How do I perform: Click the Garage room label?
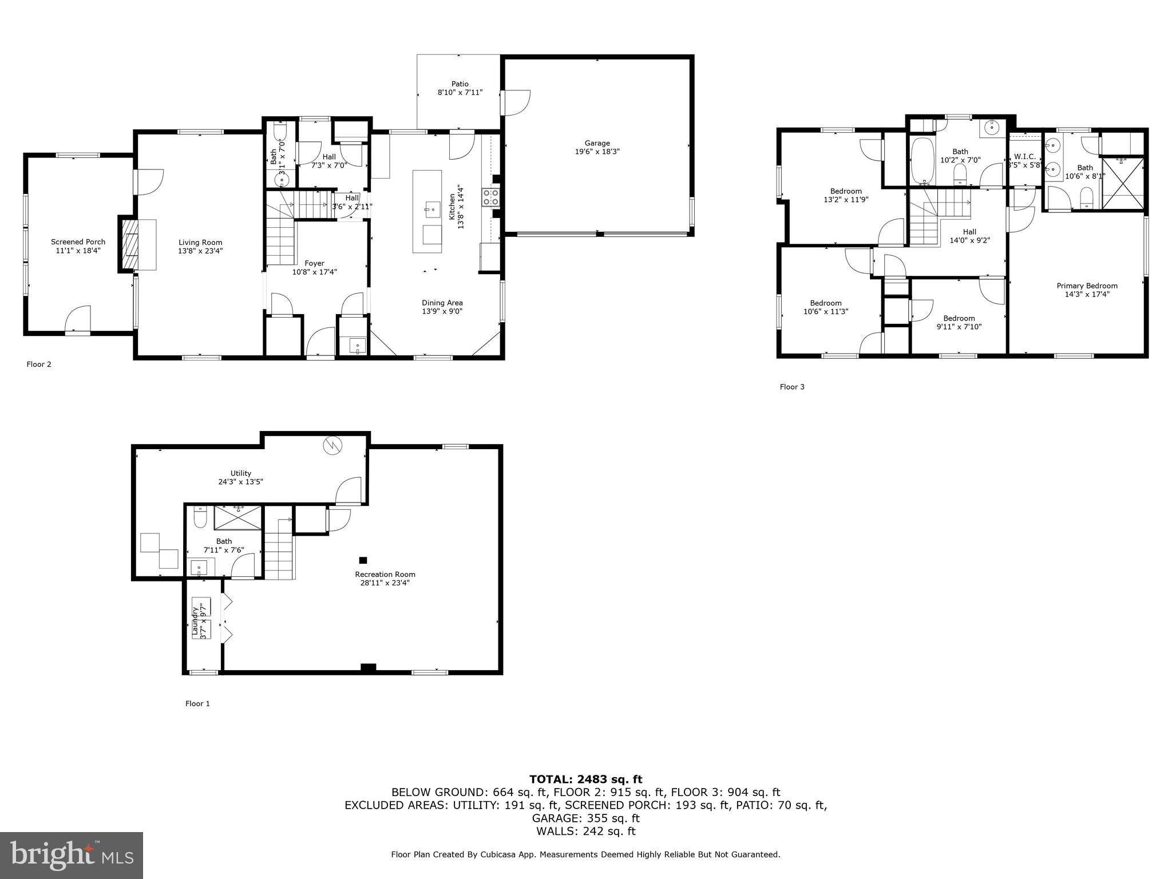pos(597,143)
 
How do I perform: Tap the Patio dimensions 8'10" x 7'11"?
pos(460,92)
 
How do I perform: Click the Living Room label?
pos(200,243)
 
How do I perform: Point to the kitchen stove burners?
pos(491,197)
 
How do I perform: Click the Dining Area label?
pos(442,303)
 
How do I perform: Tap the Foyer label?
pos(315,264)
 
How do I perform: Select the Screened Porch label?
pos(78,242)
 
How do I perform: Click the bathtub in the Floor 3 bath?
pos(921,161)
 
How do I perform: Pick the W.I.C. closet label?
pos(1024,157)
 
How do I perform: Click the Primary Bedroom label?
pos(1086,286)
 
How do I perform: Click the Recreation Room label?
pos(385,575)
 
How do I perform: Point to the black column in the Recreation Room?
pos(363,560)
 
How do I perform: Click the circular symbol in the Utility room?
pos(332,445)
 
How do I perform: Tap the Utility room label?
pos(240,473)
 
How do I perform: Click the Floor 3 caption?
pos(791,387)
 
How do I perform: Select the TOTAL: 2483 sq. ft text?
pos(585,779)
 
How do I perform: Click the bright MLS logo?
pos(72,855)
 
